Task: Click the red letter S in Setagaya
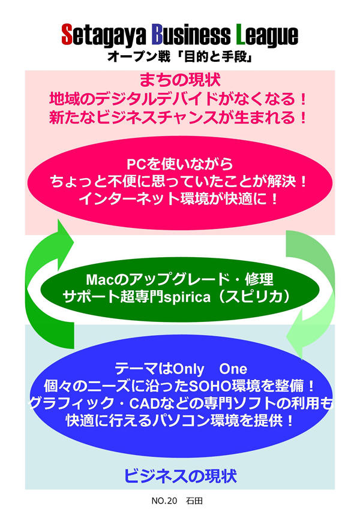pyautogui.click(x=67, y=35)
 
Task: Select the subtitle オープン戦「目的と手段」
pyautogui.click(x=179, y=58)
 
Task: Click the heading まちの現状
pyautogui.click(x=179, y=79)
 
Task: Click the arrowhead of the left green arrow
pyautogui.click(x=61, y=231)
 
